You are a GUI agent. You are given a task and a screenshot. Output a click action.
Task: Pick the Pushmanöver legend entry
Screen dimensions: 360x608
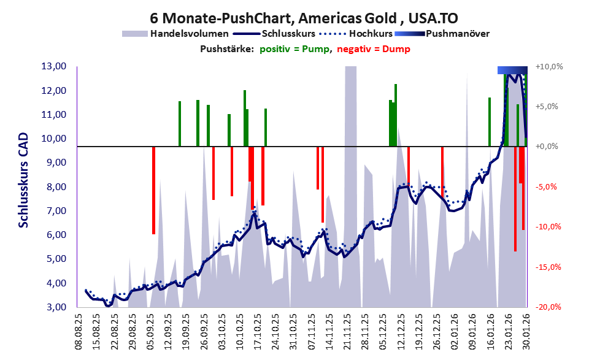[456, 33]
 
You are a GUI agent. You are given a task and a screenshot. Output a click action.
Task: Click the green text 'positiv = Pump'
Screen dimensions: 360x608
[293, 49]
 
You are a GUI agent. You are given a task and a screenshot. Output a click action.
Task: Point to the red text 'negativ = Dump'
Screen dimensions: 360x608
[373, 49]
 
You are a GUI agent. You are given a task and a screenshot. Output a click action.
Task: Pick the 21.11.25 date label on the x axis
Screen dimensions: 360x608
[347, 331]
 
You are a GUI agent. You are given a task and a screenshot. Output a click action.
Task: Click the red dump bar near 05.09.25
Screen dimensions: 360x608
[153, 190]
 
